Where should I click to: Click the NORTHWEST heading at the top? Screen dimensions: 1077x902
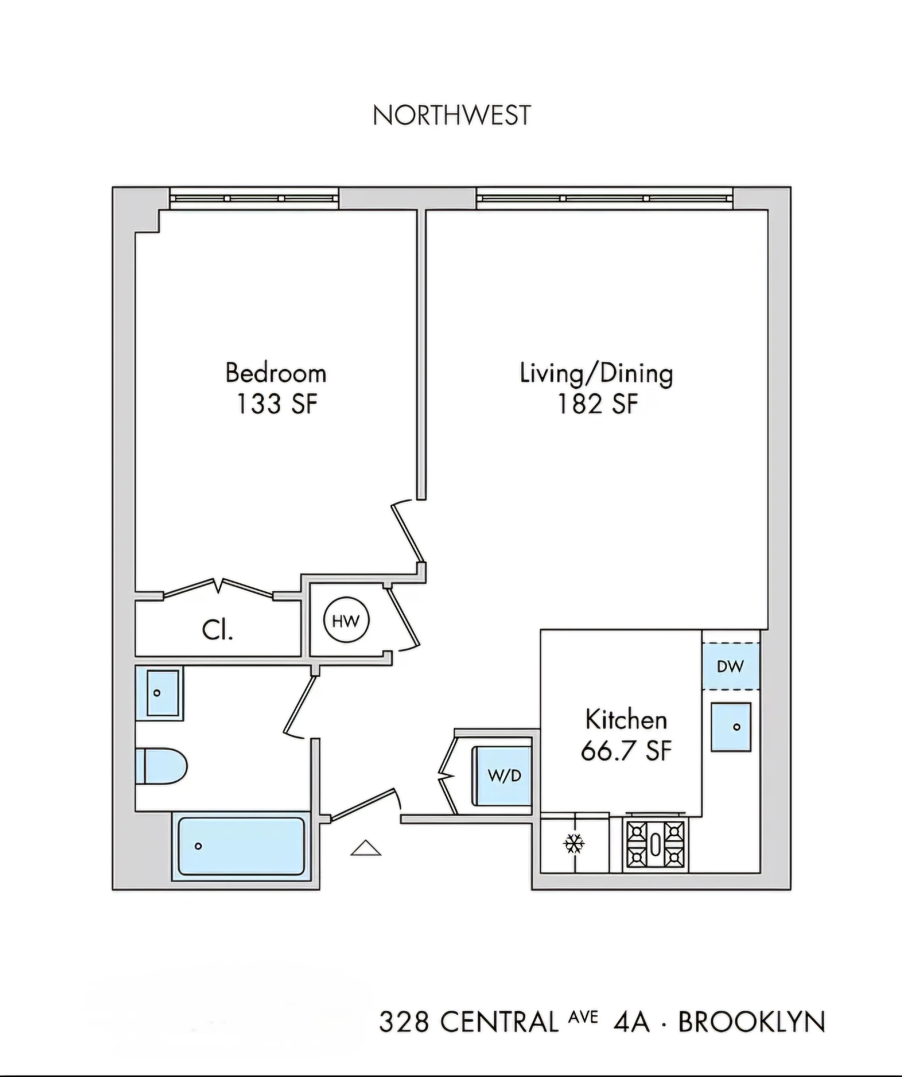[x=451, y=115]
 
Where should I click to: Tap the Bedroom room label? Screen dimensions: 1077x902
[x=276, y=373]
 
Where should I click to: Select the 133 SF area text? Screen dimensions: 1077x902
[x=277, y=404]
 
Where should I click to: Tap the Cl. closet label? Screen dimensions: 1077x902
[x=217, y=630]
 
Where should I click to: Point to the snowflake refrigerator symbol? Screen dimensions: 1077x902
[x=574, y=844]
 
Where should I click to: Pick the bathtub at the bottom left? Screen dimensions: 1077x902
[x=241, y=846]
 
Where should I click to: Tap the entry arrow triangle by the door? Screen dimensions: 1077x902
[x=366, y=849]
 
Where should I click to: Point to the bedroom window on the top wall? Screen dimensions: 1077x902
[x=254, y=198]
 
